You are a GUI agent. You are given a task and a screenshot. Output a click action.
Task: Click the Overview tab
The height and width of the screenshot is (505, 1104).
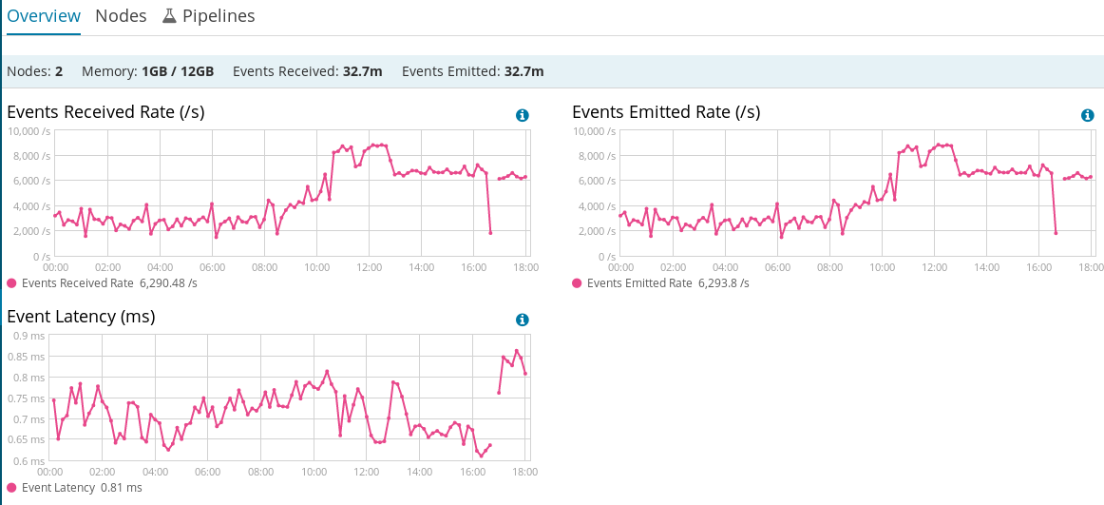tap(43, 16)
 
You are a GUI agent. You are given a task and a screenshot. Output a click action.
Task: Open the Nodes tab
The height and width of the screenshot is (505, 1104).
tap(121, 16)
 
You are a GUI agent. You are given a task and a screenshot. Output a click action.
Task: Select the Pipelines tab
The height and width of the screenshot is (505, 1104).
tap(219, 16)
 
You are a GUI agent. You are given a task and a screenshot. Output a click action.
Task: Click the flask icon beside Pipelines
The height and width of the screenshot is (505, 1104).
tap(169, 16)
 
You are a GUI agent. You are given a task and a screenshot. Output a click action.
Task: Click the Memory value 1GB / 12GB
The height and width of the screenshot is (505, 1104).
tap(178, 71)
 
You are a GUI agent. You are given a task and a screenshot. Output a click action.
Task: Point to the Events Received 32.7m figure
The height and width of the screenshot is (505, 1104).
tap(363, 71)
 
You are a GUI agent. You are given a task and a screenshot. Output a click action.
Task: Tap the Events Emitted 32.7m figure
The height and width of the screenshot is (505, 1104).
tap(523, 71)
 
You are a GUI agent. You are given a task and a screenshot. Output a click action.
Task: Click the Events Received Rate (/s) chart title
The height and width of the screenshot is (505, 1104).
tap(105, 112)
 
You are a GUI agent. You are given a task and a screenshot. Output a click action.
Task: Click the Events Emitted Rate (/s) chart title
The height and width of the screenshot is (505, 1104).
tap(666, 112)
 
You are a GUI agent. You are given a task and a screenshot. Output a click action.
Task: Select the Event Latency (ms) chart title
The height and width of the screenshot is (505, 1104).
tap(81, 317)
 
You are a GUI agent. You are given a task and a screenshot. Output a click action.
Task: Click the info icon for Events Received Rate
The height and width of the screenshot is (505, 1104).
tap(522, 115)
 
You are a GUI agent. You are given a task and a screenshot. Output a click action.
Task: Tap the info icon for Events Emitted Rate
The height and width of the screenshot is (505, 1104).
tap(1088, 115)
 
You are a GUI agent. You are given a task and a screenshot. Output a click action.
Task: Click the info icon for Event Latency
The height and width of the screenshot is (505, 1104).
tap(522, 320)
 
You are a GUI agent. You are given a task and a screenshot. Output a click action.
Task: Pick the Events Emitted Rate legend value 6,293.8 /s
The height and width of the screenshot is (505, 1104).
tap(724, 282)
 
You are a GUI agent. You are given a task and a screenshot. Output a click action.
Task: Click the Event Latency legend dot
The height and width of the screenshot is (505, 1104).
tap(11, 487)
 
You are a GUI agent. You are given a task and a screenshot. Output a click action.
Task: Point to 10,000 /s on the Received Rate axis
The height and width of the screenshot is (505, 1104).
tap(29, 130)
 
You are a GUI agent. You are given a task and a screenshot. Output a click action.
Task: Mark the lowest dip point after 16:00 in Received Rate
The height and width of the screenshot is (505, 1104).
tap(490, 232)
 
